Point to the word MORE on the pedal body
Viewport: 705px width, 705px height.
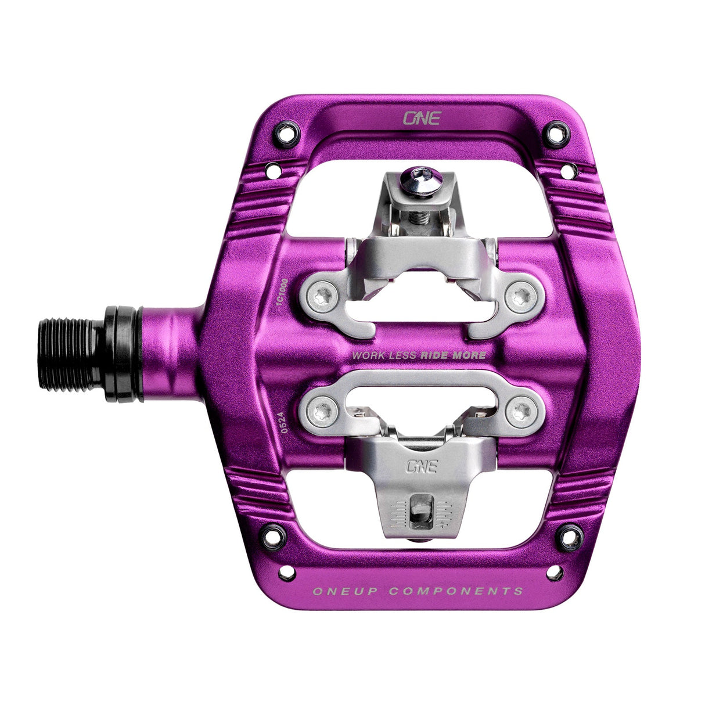(472, 355)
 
